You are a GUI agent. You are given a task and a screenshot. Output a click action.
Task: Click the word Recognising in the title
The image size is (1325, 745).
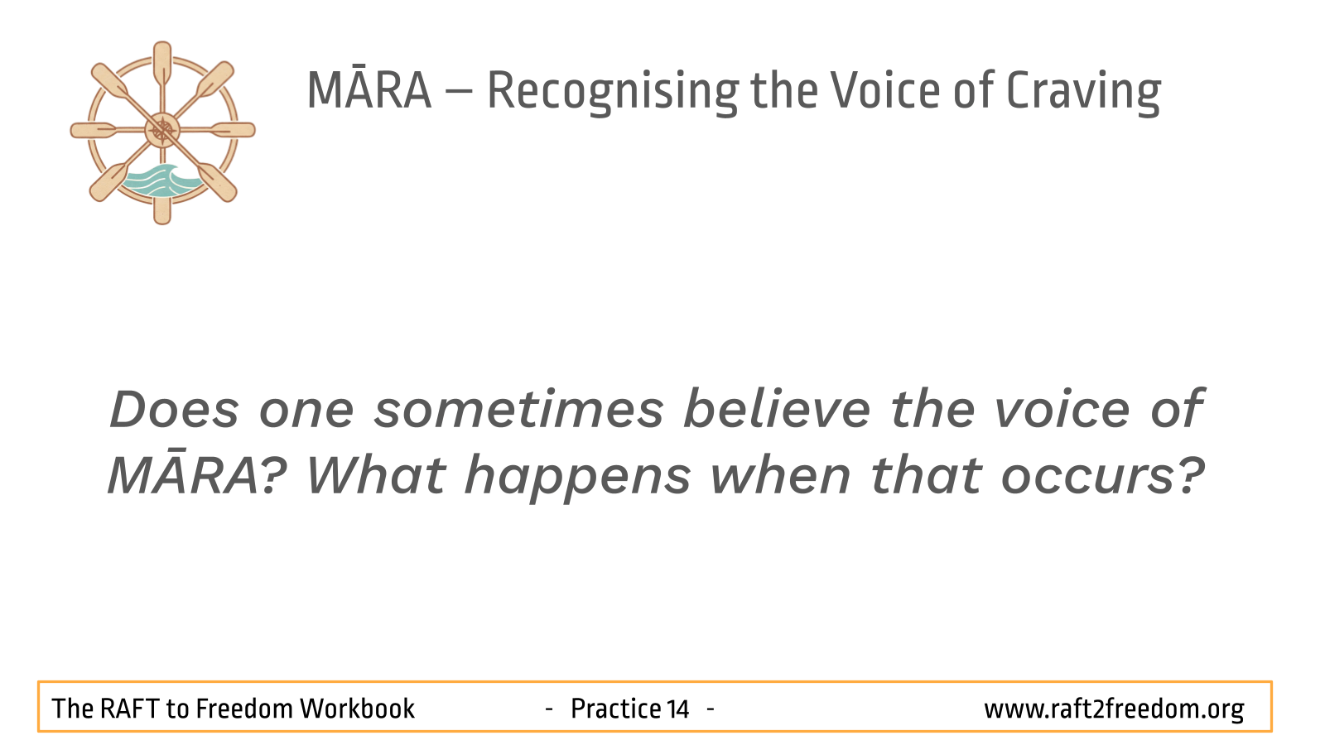point(613,92)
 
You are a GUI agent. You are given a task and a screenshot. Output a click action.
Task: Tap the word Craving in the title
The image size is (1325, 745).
point(1084,92)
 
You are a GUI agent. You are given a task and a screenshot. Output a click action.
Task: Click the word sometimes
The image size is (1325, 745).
point(519,409)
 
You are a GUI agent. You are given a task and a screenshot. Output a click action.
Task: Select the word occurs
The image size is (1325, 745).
point(1102,477)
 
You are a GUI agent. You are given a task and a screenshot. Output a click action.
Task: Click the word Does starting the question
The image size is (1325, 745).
point(175,409)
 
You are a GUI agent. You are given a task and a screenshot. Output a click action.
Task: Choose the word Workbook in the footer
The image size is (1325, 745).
point(357,709)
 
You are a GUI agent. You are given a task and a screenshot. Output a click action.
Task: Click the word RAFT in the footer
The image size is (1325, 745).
point(128,709)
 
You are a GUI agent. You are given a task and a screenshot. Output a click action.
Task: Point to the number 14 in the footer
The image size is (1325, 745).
point(678,709)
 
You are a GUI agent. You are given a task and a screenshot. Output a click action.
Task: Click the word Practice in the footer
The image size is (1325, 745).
point(615,709)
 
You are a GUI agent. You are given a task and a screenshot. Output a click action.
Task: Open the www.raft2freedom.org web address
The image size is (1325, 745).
point(1114,709)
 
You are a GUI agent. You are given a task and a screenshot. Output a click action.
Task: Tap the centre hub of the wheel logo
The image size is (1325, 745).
point(162,131)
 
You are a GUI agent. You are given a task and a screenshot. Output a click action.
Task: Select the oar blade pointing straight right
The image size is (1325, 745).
point(233,130)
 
